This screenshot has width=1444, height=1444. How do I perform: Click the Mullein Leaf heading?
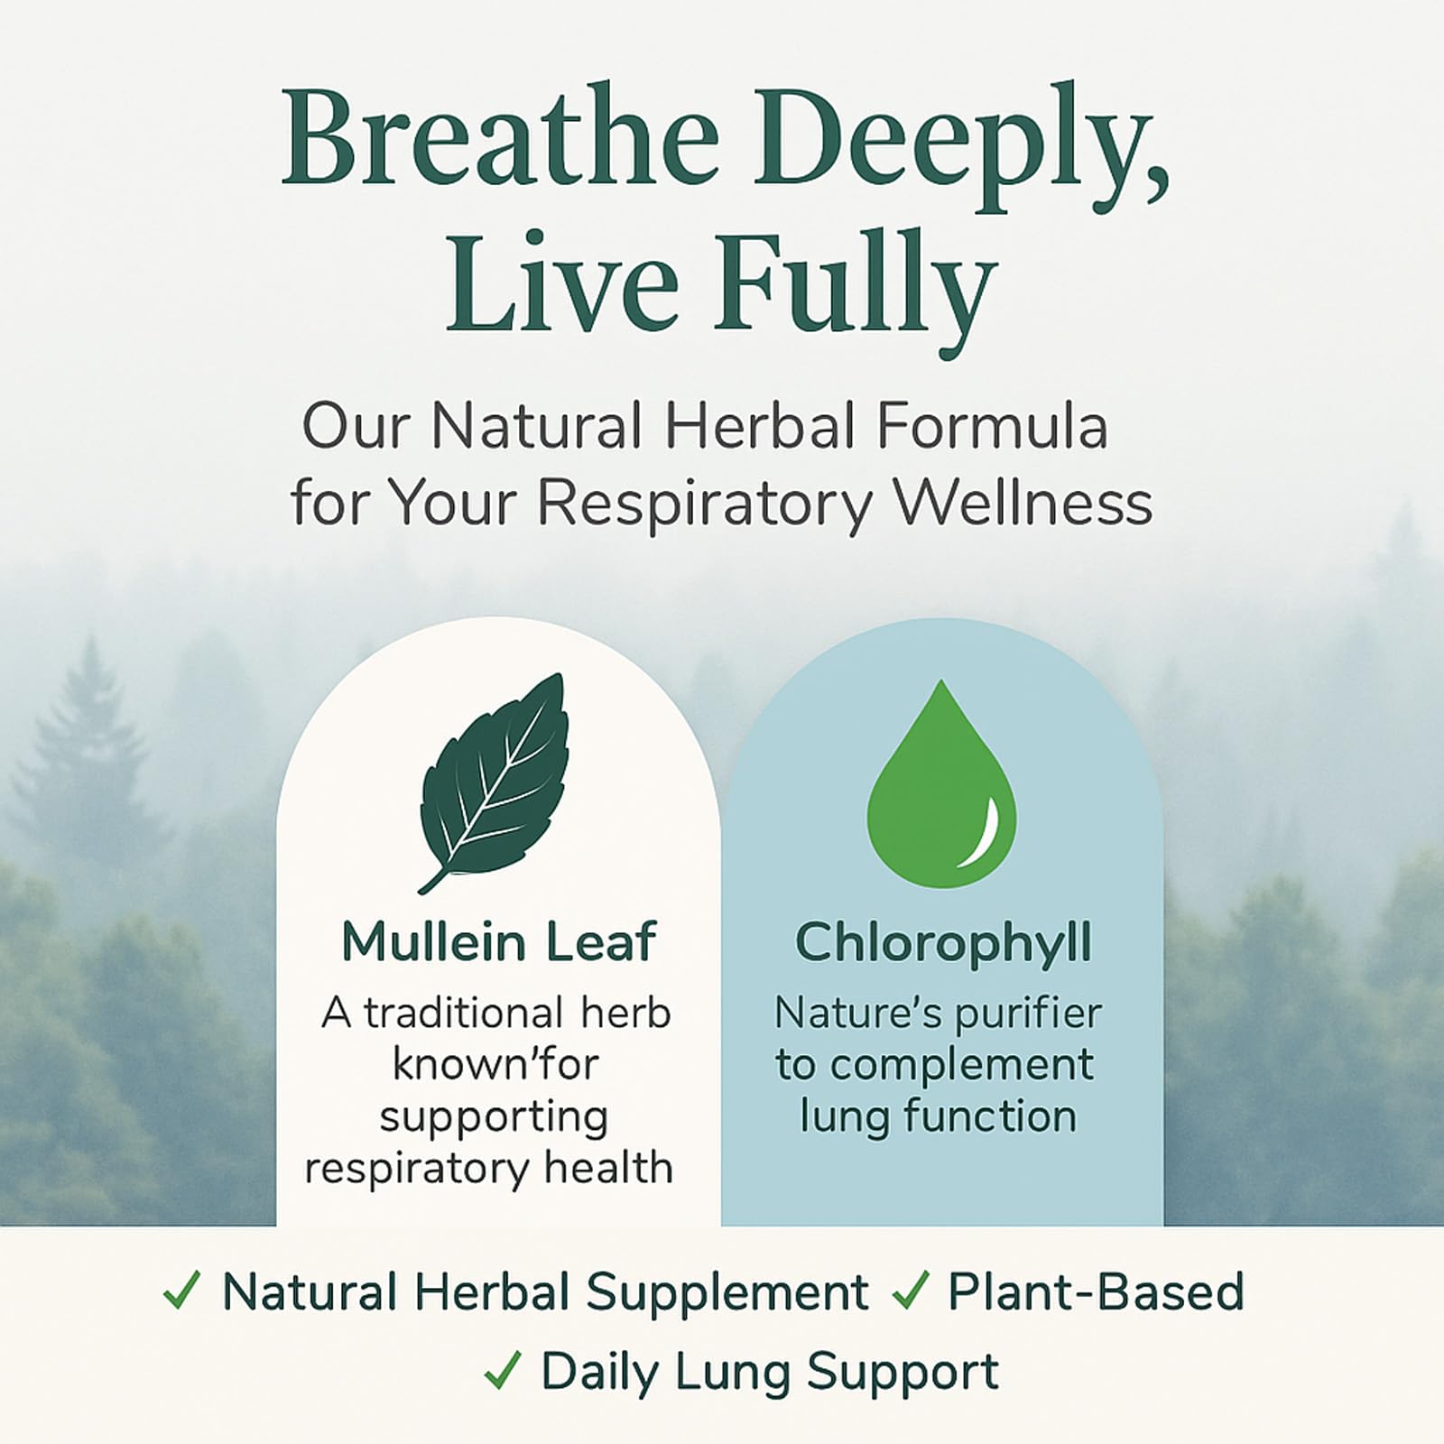point(498,942)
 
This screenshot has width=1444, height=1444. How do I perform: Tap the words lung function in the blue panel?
point(939,1115)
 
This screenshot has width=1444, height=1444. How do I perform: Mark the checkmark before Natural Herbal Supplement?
point(181,1293)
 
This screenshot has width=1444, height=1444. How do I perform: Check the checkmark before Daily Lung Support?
point(503,1373)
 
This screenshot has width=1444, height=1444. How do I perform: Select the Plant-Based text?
point(1096,1292)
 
